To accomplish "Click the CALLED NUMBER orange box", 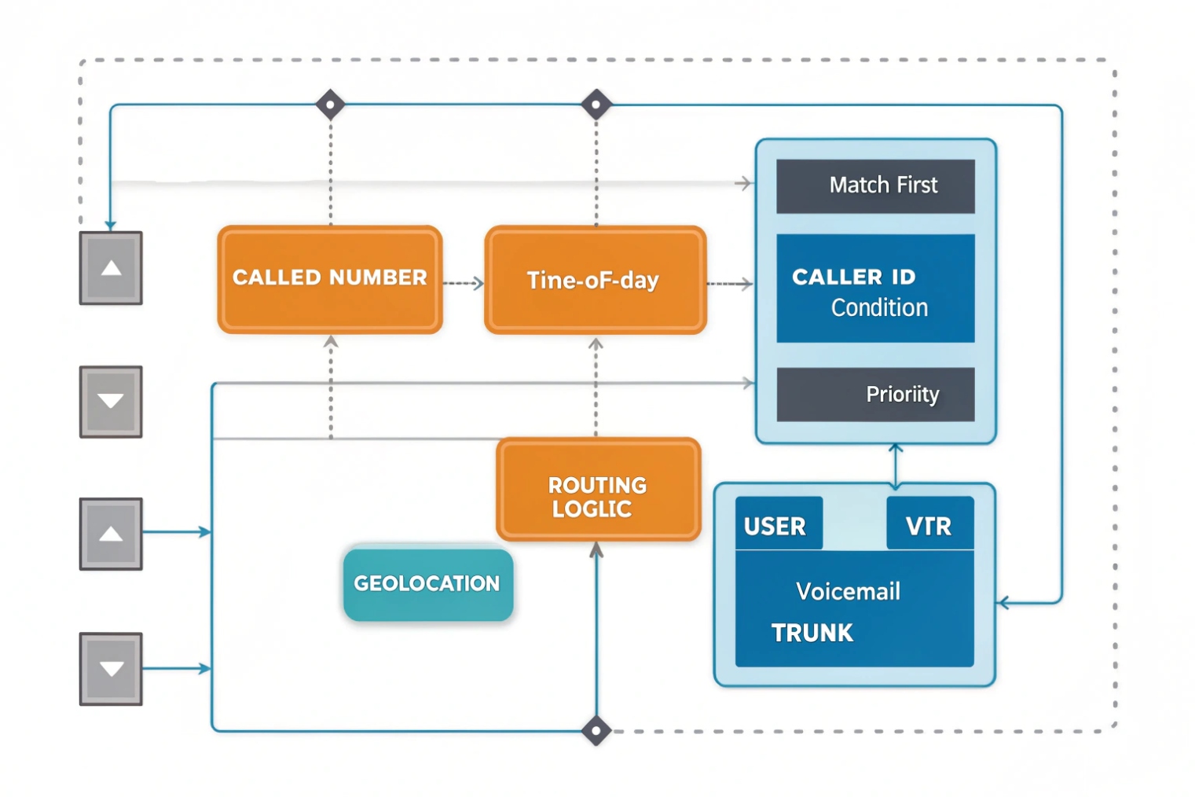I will (330, 279).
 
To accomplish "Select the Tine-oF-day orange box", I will (595, 280).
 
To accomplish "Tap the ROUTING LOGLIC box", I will (598, 490).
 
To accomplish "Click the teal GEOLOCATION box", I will (428, 583).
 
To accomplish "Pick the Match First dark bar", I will (875, 185).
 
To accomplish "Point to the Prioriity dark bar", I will (875, 394).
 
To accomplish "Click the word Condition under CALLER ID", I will (879, 307).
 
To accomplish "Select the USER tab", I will (778, 524).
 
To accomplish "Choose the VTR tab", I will (929, 524).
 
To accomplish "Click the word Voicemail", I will (848, 591).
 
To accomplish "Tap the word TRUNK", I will (812, 633).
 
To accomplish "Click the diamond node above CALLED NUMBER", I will (330, 104).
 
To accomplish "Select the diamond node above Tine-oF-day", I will (596, 104).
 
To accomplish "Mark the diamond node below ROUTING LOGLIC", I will (596, 731).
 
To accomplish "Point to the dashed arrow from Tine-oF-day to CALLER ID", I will (730, 283).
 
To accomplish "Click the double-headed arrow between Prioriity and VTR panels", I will (896, 465).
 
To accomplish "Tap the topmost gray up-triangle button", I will (111, 268).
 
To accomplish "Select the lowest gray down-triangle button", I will (111, 669).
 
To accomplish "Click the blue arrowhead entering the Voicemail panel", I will (1003, 604).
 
